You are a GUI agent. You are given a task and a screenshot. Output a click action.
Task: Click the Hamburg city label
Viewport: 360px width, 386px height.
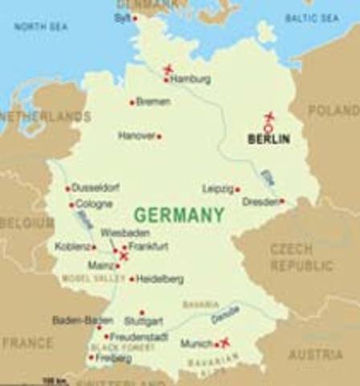coord(190,80)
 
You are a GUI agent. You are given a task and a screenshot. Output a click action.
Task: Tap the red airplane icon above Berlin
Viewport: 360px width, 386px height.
coord(269,117)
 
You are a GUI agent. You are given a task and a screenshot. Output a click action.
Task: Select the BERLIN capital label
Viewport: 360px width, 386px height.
coord(268,140)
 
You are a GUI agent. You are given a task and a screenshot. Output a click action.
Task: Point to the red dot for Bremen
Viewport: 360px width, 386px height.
coord(132,102)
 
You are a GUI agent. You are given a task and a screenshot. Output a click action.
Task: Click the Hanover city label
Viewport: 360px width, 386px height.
coord(136,136)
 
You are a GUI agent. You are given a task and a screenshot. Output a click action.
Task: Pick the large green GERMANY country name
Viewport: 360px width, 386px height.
coord(178,216)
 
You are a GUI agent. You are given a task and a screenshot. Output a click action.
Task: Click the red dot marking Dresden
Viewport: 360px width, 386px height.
coord(282,201)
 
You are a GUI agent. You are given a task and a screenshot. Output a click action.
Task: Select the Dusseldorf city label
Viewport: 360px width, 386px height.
coord(96,188)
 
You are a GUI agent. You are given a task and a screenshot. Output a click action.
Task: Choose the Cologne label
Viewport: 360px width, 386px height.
coord(94,204)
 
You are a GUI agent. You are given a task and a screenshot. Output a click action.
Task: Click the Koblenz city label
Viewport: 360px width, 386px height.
coord(73,246)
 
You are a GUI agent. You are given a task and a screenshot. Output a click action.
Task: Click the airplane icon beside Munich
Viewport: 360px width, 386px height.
coord(225,342)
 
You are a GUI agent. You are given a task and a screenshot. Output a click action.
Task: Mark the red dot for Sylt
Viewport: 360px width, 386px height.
coord(135,18)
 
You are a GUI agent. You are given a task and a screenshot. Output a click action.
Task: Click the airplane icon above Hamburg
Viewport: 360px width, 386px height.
coord(168,68)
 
